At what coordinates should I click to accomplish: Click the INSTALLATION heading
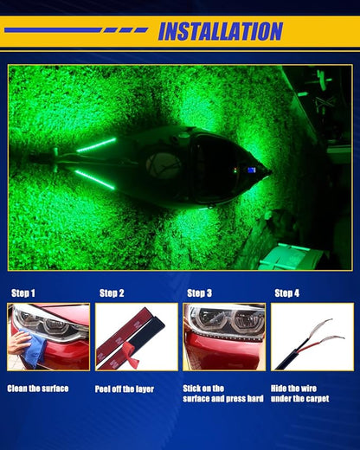click(x=221, y=31)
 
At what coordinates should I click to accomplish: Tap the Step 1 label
click(x=23, y=293)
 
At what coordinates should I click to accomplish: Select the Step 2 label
click(x=112, y=293)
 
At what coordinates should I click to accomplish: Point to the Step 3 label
click(x=199, y=293)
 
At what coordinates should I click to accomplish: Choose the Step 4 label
click(x=287, y=293)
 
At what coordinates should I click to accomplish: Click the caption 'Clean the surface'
click(x=38, y=389)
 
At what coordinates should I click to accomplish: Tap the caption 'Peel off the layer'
click(x=125, y=389)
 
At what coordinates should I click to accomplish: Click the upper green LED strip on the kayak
click(x=96, y=145)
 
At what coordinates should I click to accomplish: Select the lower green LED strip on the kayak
click(x=94, y=179)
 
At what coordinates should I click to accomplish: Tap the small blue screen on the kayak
click(x=252, y=170)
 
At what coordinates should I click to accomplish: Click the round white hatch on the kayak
click(x=163, y=164)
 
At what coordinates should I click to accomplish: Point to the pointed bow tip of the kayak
click(x=271, y=172)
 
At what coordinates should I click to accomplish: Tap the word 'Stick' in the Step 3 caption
click(x=191, y=389)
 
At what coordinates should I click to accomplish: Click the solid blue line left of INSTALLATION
click(x=52, y=30)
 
